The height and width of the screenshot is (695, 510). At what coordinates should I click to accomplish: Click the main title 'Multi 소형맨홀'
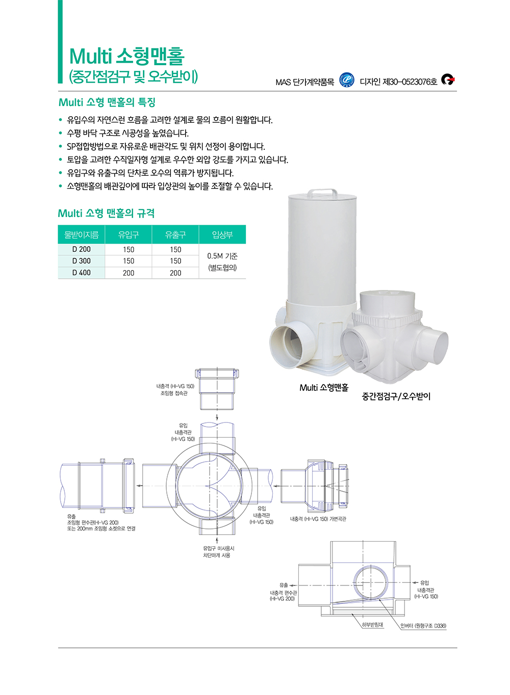tap(127, 56)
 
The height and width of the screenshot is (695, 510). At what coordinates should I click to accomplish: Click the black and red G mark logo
tap(448, 79)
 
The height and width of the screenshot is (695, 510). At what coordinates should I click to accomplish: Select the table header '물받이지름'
tap(82, 234)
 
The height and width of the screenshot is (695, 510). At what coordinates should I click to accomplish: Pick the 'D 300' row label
tap(82, 261)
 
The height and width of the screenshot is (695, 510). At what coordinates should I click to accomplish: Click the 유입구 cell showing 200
tap(129, 273)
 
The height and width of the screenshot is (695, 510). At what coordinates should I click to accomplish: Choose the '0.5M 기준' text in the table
tap(222, 256)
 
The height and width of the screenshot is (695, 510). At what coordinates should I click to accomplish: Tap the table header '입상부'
tap(222, 234)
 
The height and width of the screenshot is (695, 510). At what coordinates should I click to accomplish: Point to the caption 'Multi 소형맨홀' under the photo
tap(324, 388)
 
